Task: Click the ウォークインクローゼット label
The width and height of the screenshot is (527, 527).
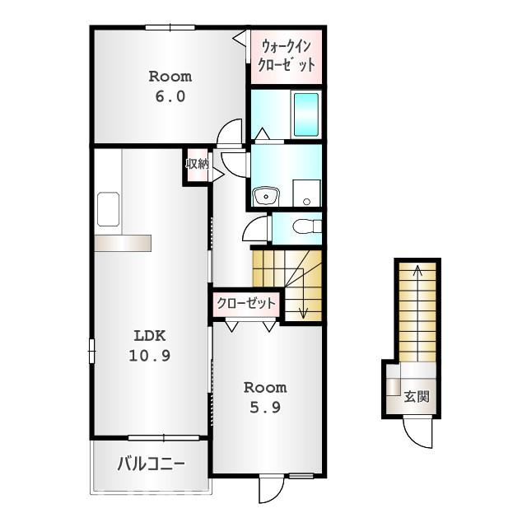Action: [x=287, y=56]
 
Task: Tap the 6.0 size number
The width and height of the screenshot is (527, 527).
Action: [x=170, y=97]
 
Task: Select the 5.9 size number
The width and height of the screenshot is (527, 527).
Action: [x=265, y=408]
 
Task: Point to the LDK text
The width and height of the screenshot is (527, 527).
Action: [x=150, y=336]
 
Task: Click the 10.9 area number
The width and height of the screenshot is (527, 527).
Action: [x=150, y=356]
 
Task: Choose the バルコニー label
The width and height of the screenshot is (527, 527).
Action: [x=151, y=464]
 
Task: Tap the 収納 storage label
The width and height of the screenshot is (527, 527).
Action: [x=198, y=164]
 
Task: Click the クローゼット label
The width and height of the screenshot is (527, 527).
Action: [x=246, y=304]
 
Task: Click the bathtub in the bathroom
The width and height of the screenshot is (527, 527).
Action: [x=306, y=114]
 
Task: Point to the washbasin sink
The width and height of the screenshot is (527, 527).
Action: [x=265, y=196]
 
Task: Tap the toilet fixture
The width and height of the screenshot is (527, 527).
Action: [x=306, y=226]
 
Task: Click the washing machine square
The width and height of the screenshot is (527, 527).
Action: [x=307, y=193]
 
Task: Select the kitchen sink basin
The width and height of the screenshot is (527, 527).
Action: [x=108, y=209]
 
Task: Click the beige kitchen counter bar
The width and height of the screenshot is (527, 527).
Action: [x=123, y=243]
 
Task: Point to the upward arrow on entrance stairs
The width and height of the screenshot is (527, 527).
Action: [x=417, y=313]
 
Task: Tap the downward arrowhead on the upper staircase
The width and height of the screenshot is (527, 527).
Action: [x=303, y=315]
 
